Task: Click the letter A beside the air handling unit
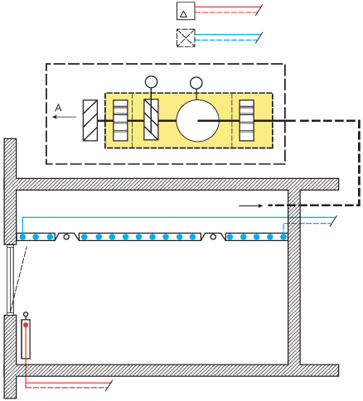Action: pyautogui.click(x=58, y=107)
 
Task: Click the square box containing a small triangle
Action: pyautogui.click(x=186, y=11)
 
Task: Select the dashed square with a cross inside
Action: pyautogui.click(x=186, y=38)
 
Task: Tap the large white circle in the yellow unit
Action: pyautogui.click(x=197, y=121)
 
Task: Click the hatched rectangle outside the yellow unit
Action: pyautogui.click(x=90, y=120)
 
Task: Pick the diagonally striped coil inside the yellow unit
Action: pyautogui.click(x=151, y=119)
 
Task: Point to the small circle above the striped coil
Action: pyautogui.click(x=151, y=82)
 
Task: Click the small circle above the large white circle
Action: pyautogui.click(x=196, y=83)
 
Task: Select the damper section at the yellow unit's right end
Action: pyautogui.click(x=247, y=120)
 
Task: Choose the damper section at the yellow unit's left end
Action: pyautogui.click(x=120, y=120)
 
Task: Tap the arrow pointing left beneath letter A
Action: pyautogui.click(x=65, y=117)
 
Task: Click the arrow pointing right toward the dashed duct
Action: pyautogui.click(x=251, y=205)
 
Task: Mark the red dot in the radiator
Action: pyautogui.click(x=26, y=325)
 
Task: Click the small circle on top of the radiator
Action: pyautogui.click(x=26, y=314)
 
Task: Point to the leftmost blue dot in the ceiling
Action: pyautogui.click(x=22, y=237)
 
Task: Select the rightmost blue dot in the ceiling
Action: pyautogui.click(x=283, y=237)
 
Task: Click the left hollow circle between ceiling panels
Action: pyautogui.click(x=66, y=237)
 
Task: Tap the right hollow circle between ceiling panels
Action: pyautogui.click(x=213, y=237)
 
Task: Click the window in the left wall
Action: pyautogui.click(x=10, y=279)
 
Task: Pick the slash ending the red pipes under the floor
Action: pyautogui.click(x=109, y=385)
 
